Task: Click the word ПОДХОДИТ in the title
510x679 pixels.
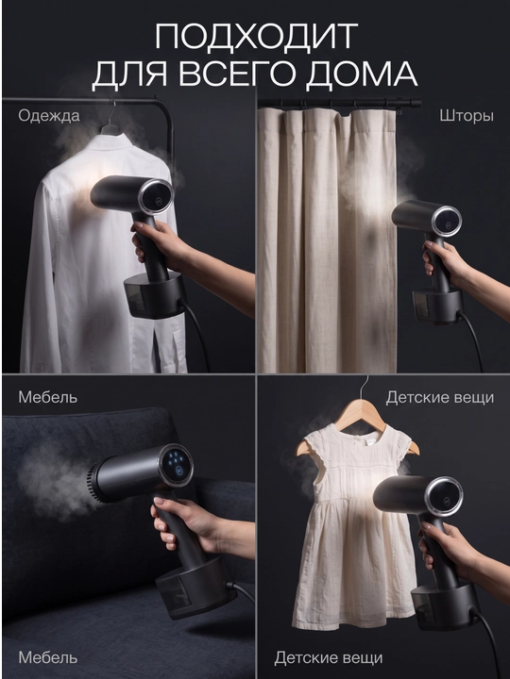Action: (x=256, y=37)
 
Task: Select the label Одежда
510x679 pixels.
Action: (x=49, y=116)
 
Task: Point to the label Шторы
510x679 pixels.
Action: (x=467, y=116)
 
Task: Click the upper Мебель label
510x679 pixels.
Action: (x=48, y=397)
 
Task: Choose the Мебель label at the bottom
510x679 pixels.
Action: (x=48, y=657)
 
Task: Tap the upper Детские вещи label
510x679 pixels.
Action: (x=440, y=397)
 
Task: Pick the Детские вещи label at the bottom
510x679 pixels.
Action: (x=329, y=658)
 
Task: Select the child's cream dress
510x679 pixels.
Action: (x=347, y=528)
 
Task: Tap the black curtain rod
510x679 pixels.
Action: (x=339, y=103)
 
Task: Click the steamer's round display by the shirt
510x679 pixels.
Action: (x=157, y=197)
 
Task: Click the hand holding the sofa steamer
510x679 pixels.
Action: (x=191, y=526)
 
